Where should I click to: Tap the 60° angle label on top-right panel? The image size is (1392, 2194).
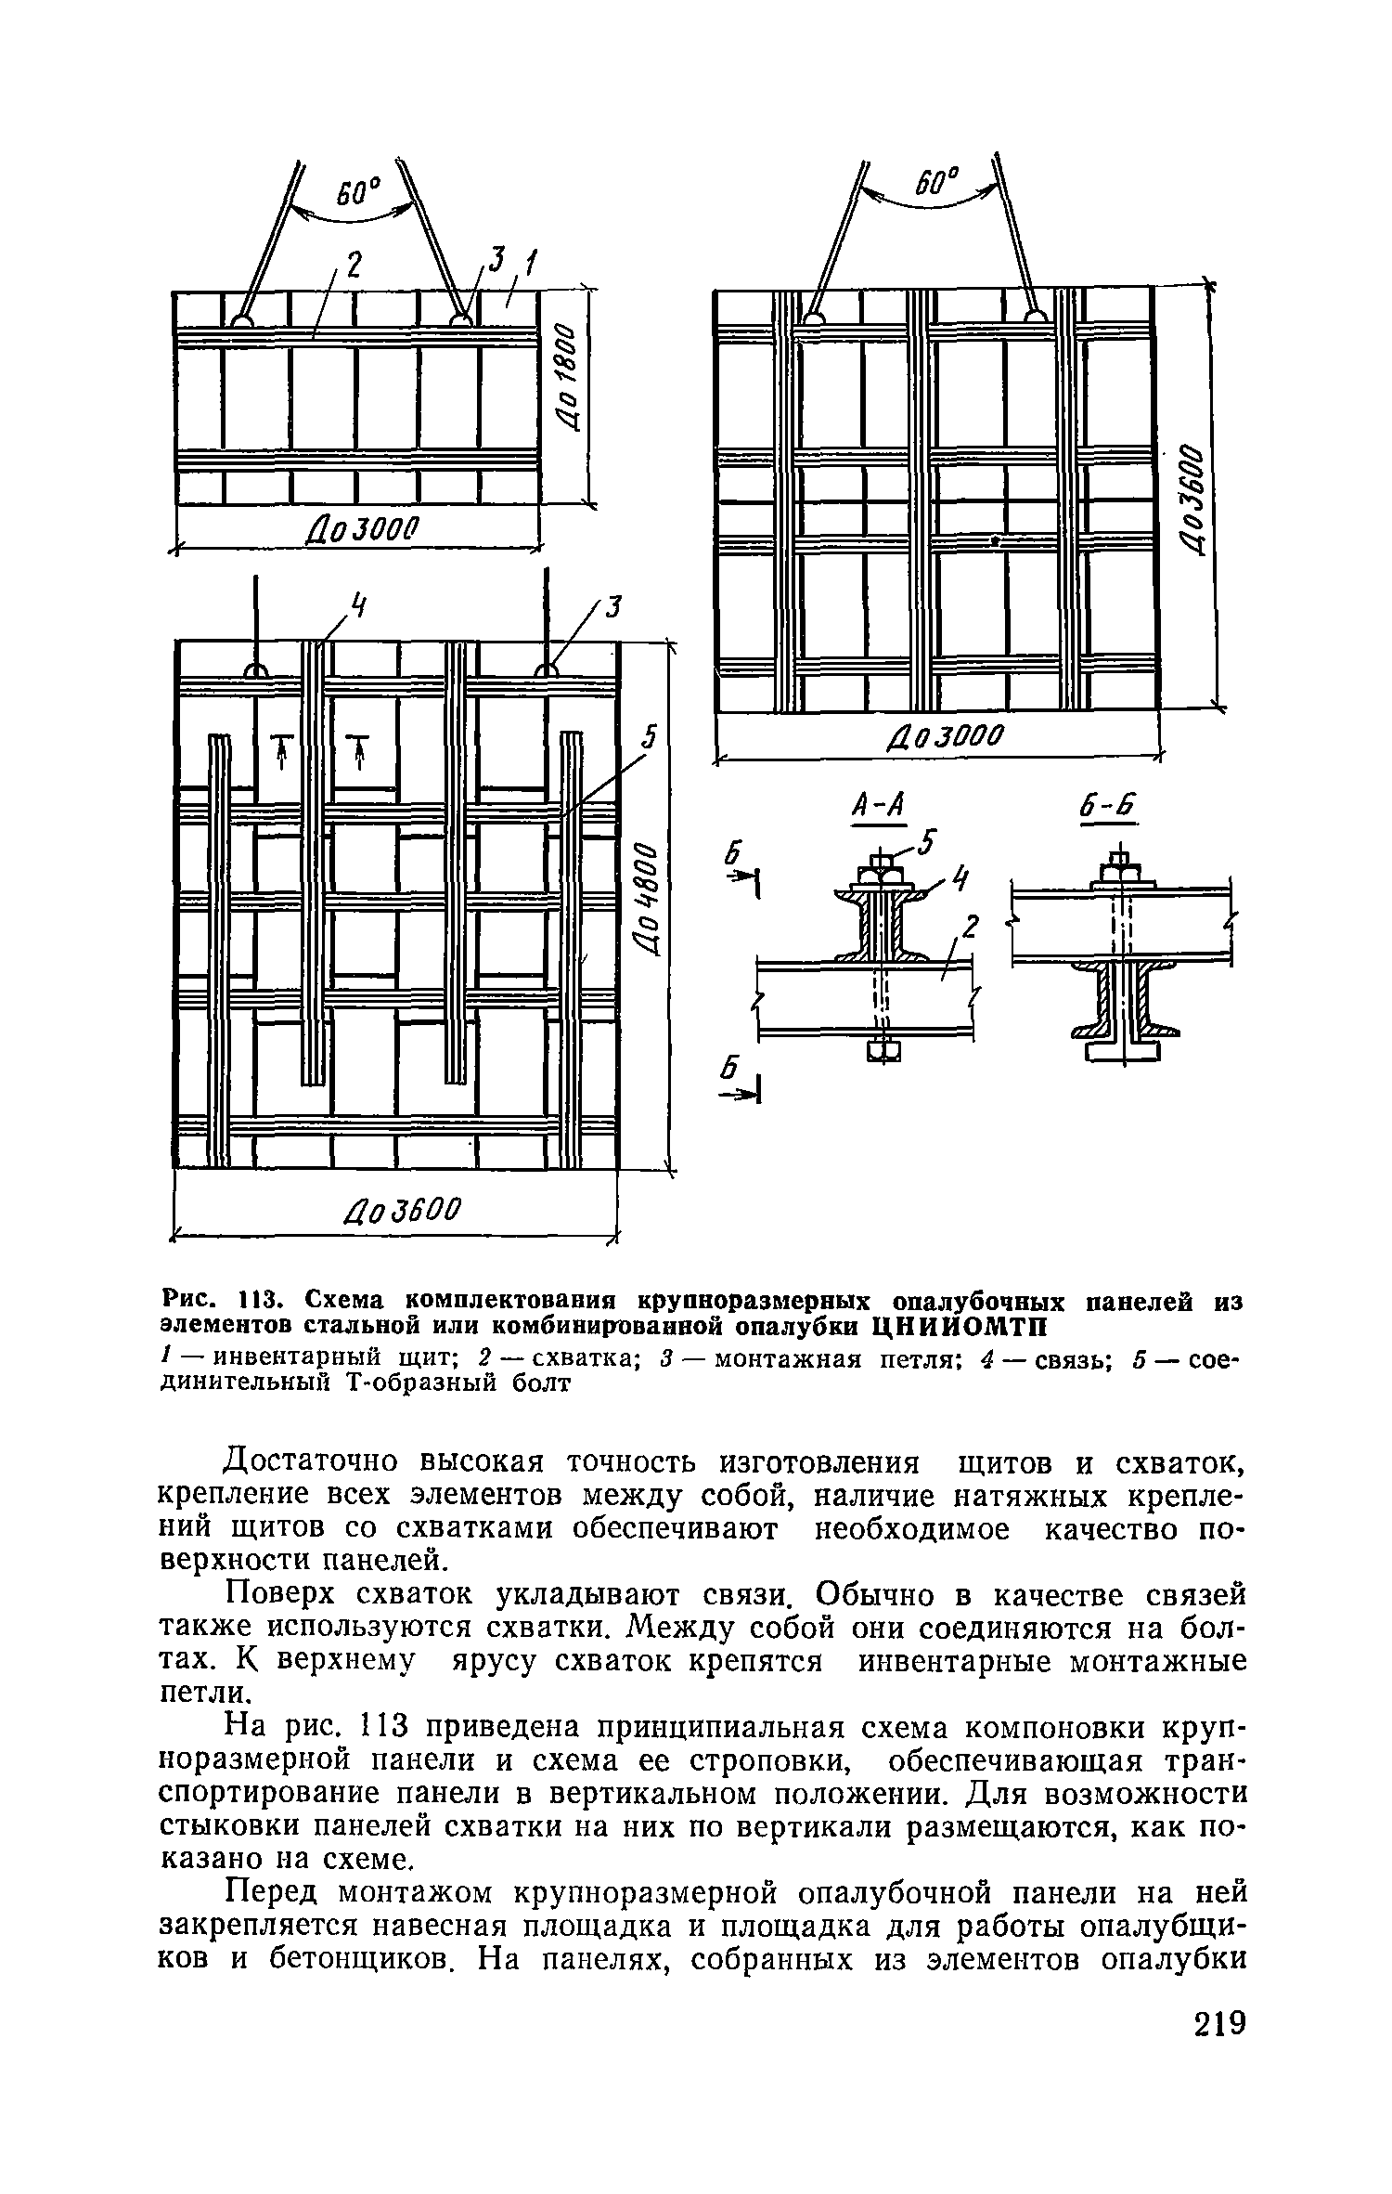[x=939, y=180]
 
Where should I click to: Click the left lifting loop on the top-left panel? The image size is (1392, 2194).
[x=243, y=319]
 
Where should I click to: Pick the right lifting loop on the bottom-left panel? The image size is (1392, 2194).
[x=545, y=671]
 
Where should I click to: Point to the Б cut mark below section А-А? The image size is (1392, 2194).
[x=734, y=1073]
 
